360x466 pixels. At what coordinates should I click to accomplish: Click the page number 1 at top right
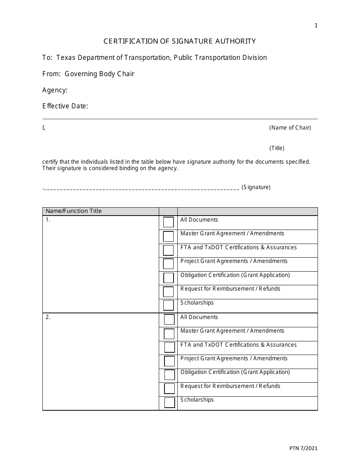316,26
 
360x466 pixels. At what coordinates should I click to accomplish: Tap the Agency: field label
55,90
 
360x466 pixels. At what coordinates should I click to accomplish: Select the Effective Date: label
65,106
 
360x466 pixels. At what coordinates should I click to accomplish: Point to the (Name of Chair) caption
290,128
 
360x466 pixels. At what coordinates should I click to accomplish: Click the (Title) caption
277,148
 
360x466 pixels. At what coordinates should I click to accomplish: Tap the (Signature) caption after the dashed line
256,187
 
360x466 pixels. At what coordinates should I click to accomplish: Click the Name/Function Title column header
74,211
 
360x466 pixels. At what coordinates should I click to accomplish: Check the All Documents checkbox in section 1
168,222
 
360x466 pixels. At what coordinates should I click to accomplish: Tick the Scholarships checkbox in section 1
168,305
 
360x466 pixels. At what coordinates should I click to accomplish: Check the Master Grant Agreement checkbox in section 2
169,334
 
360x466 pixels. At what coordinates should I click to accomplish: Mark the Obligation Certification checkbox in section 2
169,375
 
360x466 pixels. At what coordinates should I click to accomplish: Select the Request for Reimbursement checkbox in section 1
168,291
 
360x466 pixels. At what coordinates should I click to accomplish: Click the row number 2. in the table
48,317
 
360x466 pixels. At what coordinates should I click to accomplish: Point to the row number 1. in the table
48,220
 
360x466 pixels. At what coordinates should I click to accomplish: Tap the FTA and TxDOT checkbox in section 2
169,347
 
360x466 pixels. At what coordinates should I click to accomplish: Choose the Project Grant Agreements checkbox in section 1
168,264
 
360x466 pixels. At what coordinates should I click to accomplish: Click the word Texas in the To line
65,58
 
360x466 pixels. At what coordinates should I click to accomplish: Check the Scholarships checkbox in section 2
169,402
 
